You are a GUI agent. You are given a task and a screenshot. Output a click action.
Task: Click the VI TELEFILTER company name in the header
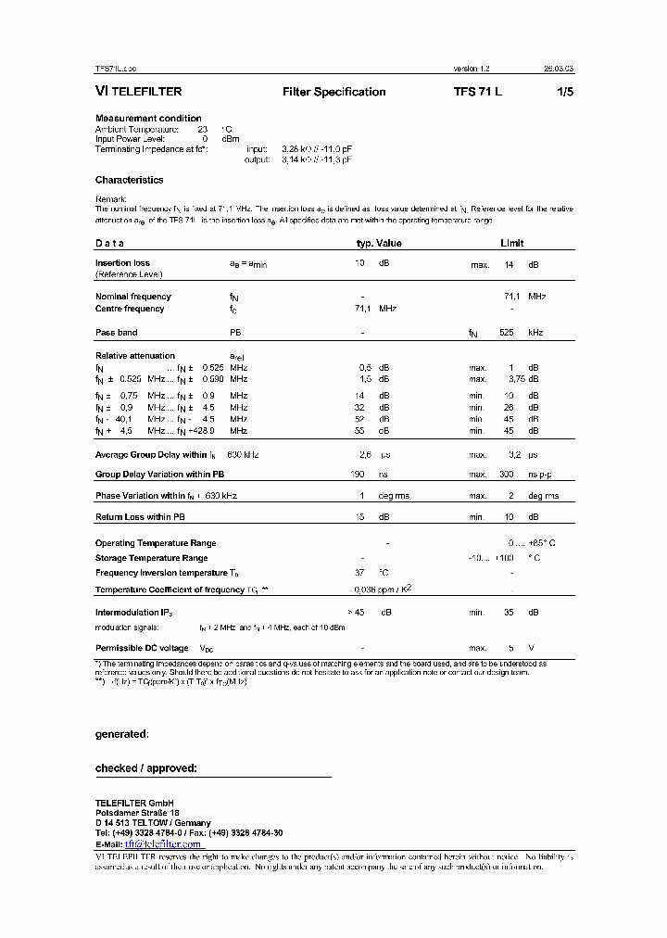(x=138, y=92)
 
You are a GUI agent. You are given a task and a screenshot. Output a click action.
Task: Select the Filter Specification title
(x=333, y=92)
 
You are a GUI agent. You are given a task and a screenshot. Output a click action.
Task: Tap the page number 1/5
(x=564, y=92)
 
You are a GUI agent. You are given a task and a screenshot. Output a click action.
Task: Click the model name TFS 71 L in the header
(x=478, y=92)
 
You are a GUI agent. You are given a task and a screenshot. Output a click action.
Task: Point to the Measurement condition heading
(x=148, y=118)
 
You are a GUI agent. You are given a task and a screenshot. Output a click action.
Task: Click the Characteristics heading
(x=129, y=180)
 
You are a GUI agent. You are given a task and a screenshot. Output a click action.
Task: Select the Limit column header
(x=511, y=243)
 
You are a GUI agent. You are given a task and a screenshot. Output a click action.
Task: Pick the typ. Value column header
(x=379, y=243)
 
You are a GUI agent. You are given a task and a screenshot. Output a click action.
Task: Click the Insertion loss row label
(x=122, y=263)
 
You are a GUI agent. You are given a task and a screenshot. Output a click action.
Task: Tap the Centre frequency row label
(x=130, y=309)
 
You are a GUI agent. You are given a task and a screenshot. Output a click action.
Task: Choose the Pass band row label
(x=117, y=332)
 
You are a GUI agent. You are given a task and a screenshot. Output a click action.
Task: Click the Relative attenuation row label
(x=135, y=355)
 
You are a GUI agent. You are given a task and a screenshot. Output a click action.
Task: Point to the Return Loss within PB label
(x=141, y=516)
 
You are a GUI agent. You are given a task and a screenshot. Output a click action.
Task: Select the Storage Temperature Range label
(x=151, y=558)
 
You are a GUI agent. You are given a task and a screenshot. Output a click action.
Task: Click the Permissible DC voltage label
(x=143, y=648)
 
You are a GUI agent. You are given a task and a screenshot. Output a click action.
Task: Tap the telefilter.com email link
(x=163, y=844)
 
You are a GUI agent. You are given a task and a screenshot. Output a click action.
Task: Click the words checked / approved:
(x=146, y=768)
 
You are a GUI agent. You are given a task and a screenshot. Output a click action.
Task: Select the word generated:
(x=121, y=734)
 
